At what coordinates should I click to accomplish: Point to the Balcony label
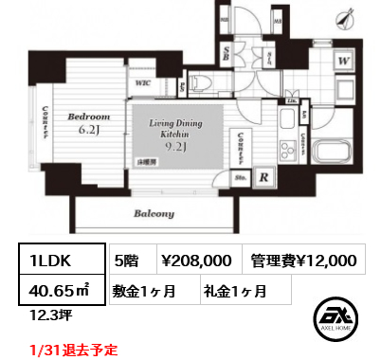pyautogui.click(x=154, y=214)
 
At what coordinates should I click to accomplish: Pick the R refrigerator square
pyautogui.click(x=262, y=175)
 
